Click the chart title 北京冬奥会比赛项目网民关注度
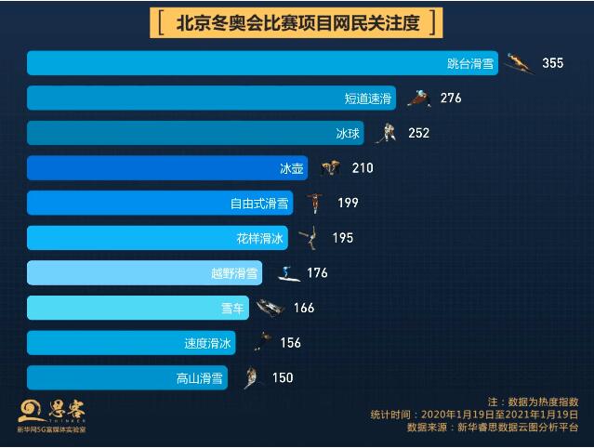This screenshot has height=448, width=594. pyautogui.click(x=297, y=23)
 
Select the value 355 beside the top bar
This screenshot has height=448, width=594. pyautogui.click(x=552, y=63)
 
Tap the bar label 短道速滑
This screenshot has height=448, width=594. pyautogui.click(x=369, y=98)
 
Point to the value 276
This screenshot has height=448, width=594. pyautogui.click(x=451, y=98)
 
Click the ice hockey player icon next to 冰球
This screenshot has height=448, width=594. pyautogui.click(x=385, y=133)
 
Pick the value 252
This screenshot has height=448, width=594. pyautogui.click(x=418, y=133)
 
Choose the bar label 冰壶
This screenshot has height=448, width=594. pyautogui.click(x=292, y=168)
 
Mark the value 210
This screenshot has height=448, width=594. pyautogui.click(x=363, y=168)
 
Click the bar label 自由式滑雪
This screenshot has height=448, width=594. pyautogui.click(x=259, y=203)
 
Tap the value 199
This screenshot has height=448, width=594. pyautogui.click(x=348, y=203)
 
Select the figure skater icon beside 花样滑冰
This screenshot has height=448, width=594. pyautogui.click(x=308, y=238)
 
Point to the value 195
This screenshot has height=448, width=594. pyautogui.click(x=342, y=238)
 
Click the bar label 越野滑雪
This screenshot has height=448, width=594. pyautogui.click(x=234, y=273)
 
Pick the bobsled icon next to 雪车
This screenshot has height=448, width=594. pyautogui.click(x=270, y=308)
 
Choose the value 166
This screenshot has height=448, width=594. pyautogui.click(x=304, y=308)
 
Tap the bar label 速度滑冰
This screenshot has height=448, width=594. pyautogui.click(x=208, y=343)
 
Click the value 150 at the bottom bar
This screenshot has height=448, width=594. pyautogui.click(x=283, y=377)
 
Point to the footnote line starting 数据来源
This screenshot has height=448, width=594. pyautogui.click(x=492, y=428)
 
